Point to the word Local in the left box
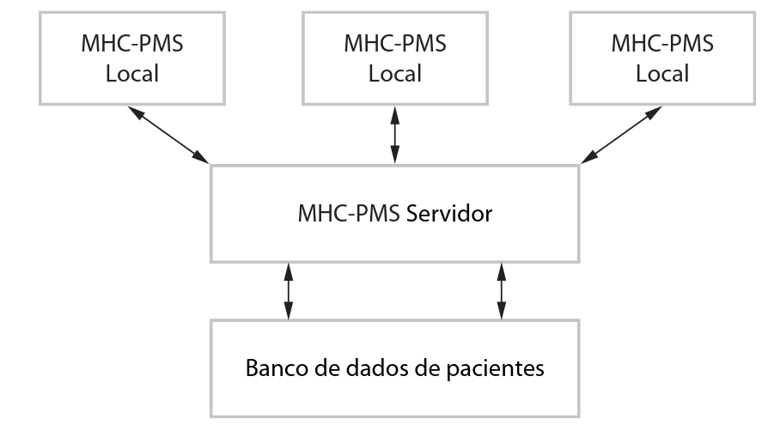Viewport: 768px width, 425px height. pyautogui.click(x=132, y=73)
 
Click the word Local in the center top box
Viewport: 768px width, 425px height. pyautogui.click(x=394, y=73)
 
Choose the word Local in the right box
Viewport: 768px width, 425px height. pyautogui.click(x=661, y=73)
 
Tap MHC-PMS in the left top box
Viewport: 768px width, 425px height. pyautogui.click(x=132, y=42)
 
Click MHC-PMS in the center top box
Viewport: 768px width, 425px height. pyautogui.click(x=394, y=42)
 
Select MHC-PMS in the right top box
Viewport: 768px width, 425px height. pyautogui.click(x=661, y=42)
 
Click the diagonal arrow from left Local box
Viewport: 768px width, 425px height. pyautogui.click(x=168, y=134)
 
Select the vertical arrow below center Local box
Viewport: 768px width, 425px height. pyautogui.click(x=394, y=134)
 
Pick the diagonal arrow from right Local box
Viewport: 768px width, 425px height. pyautogui.click(x=625, y=134)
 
